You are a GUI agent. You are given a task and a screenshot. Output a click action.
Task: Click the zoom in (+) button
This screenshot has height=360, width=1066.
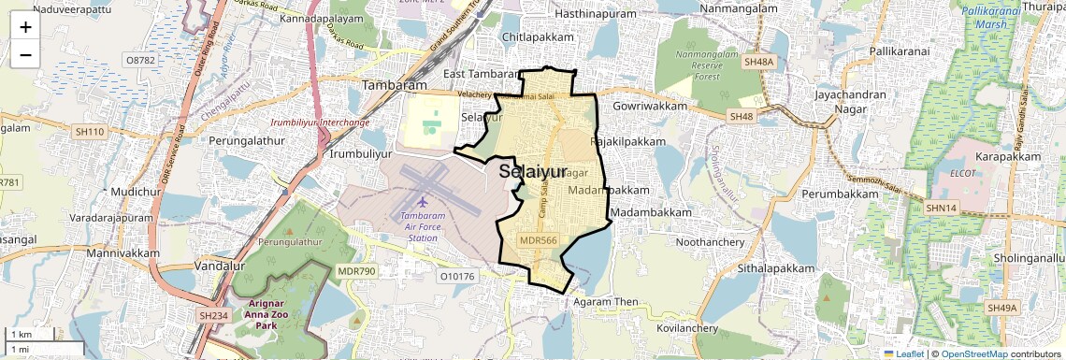[25, 27]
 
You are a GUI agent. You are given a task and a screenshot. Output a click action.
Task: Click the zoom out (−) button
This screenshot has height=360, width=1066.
[25, 54]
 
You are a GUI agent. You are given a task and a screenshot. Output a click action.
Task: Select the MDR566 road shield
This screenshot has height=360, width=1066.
[538, 239]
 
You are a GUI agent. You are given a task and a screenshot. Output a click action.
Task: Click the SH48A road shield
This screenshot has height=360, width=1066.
[759, 62]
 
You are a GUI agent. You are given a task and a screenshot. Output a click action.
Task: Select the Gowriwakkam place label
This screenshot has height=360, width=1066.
[651, 107]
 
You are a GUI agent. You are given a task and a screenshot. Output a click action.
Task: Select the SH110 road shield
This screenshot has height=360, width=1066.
[90, 132]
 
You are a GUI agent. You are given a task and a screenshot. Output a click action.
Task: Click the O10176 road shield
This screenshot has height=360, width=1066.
[457, 276]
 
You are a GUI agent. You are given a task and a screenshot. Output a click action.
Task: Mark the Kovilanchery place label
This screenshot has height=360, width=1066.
[685, 328]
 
